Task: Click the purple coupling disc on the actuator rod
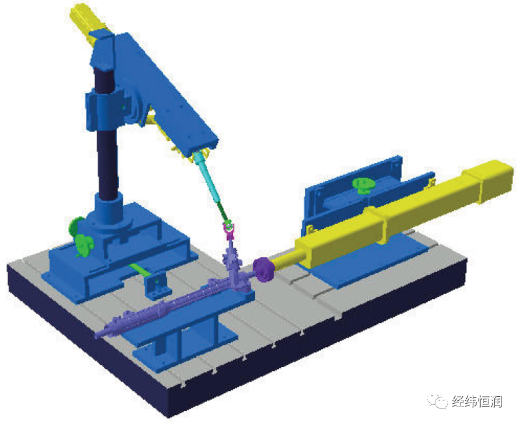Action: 264,269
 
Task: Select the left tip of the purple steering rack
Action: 96,337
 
